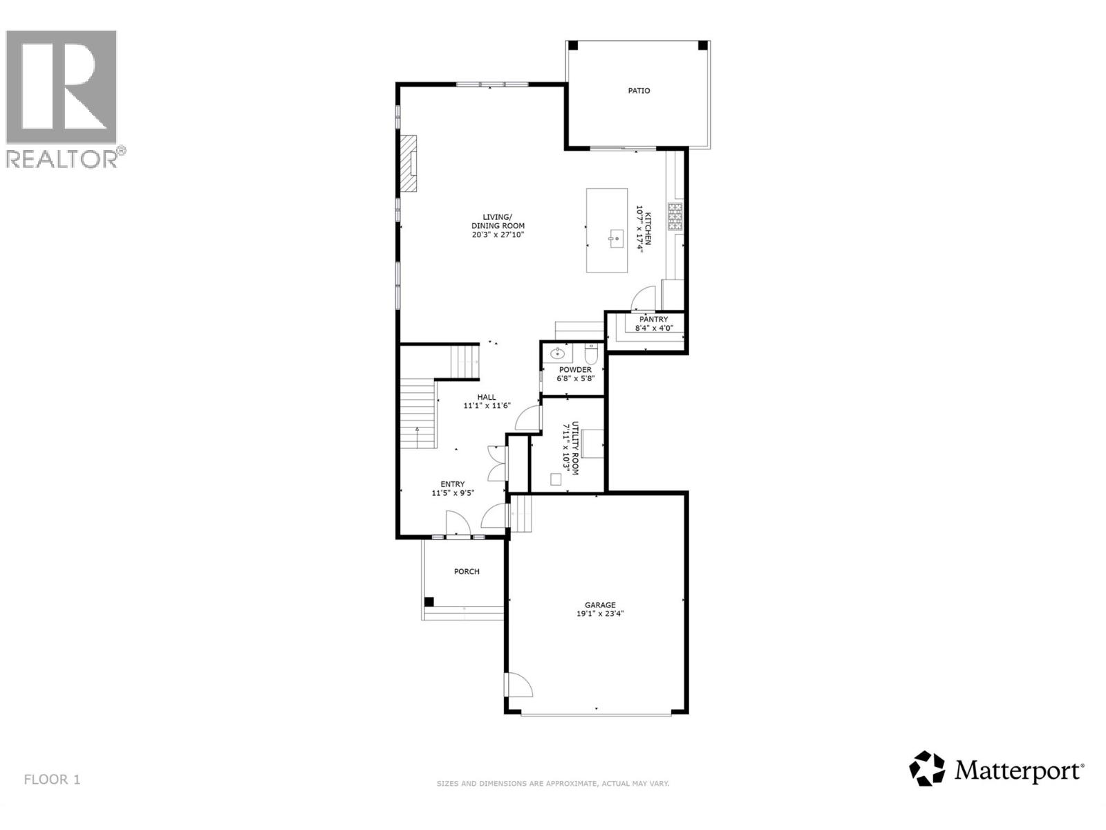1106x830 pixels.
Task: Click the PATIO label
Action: click(639, 91)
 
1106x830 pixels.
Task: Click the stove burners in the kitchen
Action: click(675, 217)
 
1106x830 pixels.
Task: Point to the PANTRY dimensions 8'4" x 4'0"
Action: click(654, 329)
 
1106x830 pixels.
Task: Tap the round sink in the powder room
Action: click(558, 355)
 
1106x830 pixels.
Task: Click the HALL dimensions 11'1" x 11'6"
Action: click(487, 406)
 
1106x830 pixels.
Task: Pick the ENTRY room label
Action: click(453, 484)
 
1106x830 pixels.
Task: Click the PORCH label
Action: click(467, 571)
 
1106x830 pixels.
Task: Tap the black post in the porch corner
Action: click(429, 602)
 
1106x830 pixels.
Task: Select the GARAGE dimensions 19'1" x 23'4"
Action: click(601, 614)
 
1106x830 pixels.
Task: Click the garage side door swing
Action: click(518, 685)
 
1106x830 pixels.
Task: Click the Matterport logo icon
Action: click(927, 768)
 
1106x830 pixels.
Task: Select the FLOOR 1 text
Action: click(53, 780)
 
